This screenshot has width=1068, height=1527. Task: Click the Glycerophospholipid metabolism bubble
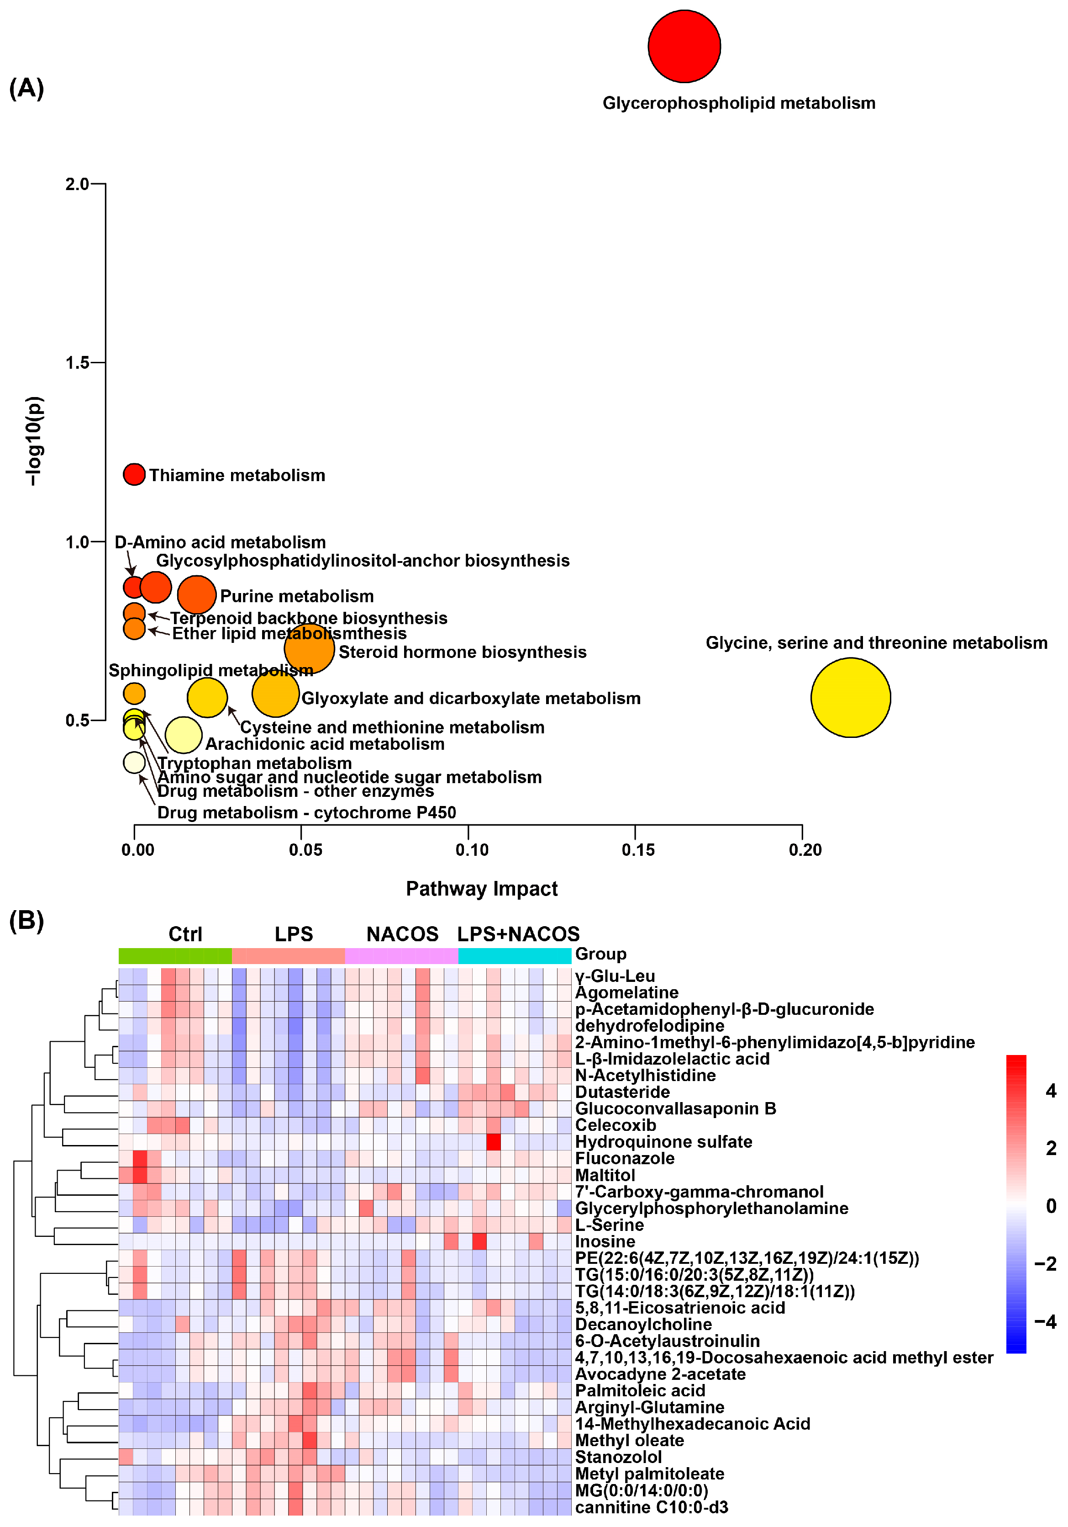pos(684,47)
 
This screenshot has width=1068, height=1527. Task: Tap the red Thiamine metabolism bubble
pos(134,474)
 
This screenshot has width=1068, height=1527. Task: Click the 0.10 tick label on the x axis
pos(472,850)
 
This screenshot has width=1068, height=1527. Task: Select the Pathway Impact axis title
pos(482,889)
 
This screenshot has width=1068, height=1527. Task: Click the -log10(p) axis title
pos(33,441)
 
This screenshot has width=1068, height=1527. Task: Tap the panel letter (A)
pos(26,88)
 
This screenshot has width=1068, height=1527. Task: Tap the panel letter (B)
pos(26,921)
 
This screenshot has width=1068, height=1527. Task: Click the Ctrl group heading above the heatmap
pos(185,934)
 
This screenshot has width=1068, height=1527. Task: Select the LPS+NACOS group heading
pos(518,934)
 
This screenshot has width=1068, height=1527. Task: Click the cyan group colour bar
pos(515,956)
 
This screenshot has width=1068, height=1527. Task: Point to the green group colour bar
pos(175,956)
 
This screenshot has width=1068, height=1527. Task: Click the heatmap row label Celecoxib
pos(616,1125)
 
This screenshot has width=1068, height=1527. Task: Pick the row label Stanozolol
pos(618,1457)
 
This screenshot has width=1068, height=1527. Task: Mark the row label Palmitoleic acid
pos(640,1391)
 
